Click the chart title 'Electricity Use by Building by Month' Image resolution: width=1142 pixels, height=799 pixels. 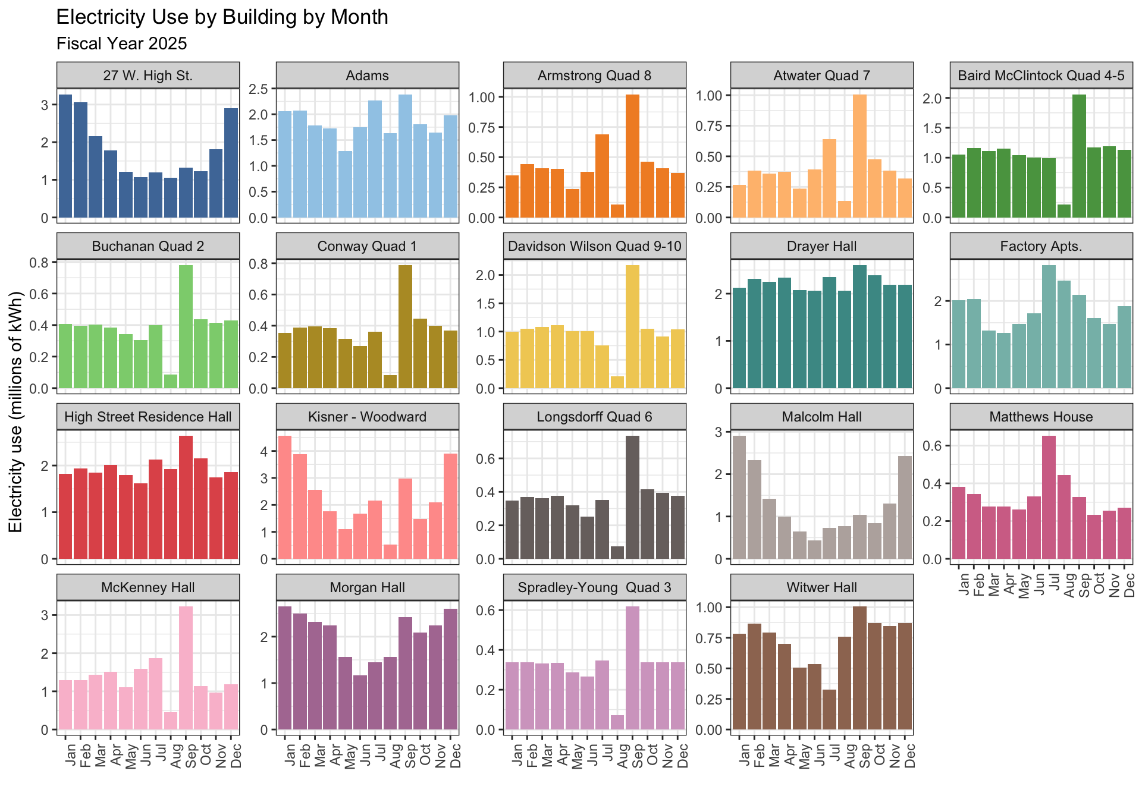pyautogui.click(x=222, y=17)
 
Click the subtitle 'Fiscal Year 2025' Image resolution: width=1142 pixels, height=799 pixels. pyautogui.click(x=121, y=44)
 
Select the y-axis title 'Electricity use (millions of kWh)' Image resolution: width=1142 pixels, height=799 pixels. pyautogui.click(x=16, y=412)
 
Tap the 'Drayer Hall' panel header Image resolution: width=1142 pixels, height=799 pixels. pyautogui.click(x=821, y=246)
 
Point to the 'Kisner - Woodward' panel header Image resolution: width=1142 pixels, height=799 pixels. pyautogui.click(x=367, y=417)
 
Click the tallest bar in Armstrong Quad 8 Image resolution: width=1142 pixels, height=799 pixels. pyautogui.click(x=632, y=156)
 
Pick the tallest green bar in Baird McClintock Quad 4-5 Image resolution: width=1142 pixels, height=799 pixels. pyautogui.click(x=1079, y=156)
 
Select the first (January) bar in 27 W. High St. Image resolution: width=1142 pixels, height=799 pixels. pyautogui.click(x=65, y=156)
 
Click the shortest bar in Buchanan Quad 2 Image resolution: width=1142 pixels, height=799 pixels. pyautogui.click(x=171, y=381)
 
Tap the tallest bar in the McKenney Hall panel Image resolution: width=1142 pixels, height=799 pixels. pyautogui.click(x=186, y=668)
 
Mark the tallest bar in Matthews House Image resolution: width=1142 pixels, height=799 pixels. pyautogui.click(x=1049, y=497)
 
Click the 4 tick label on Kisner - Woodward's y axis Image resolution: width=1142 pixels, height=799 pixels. pyautogui.click(x=264, y=451)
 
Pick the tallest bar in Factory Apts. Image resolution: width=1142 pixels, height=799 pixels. pyautogui.click(x=1049, y=326)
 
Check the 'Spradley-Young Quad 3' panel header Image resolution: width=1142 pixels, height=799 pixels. pyautogui.click(x=594, y=587)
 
